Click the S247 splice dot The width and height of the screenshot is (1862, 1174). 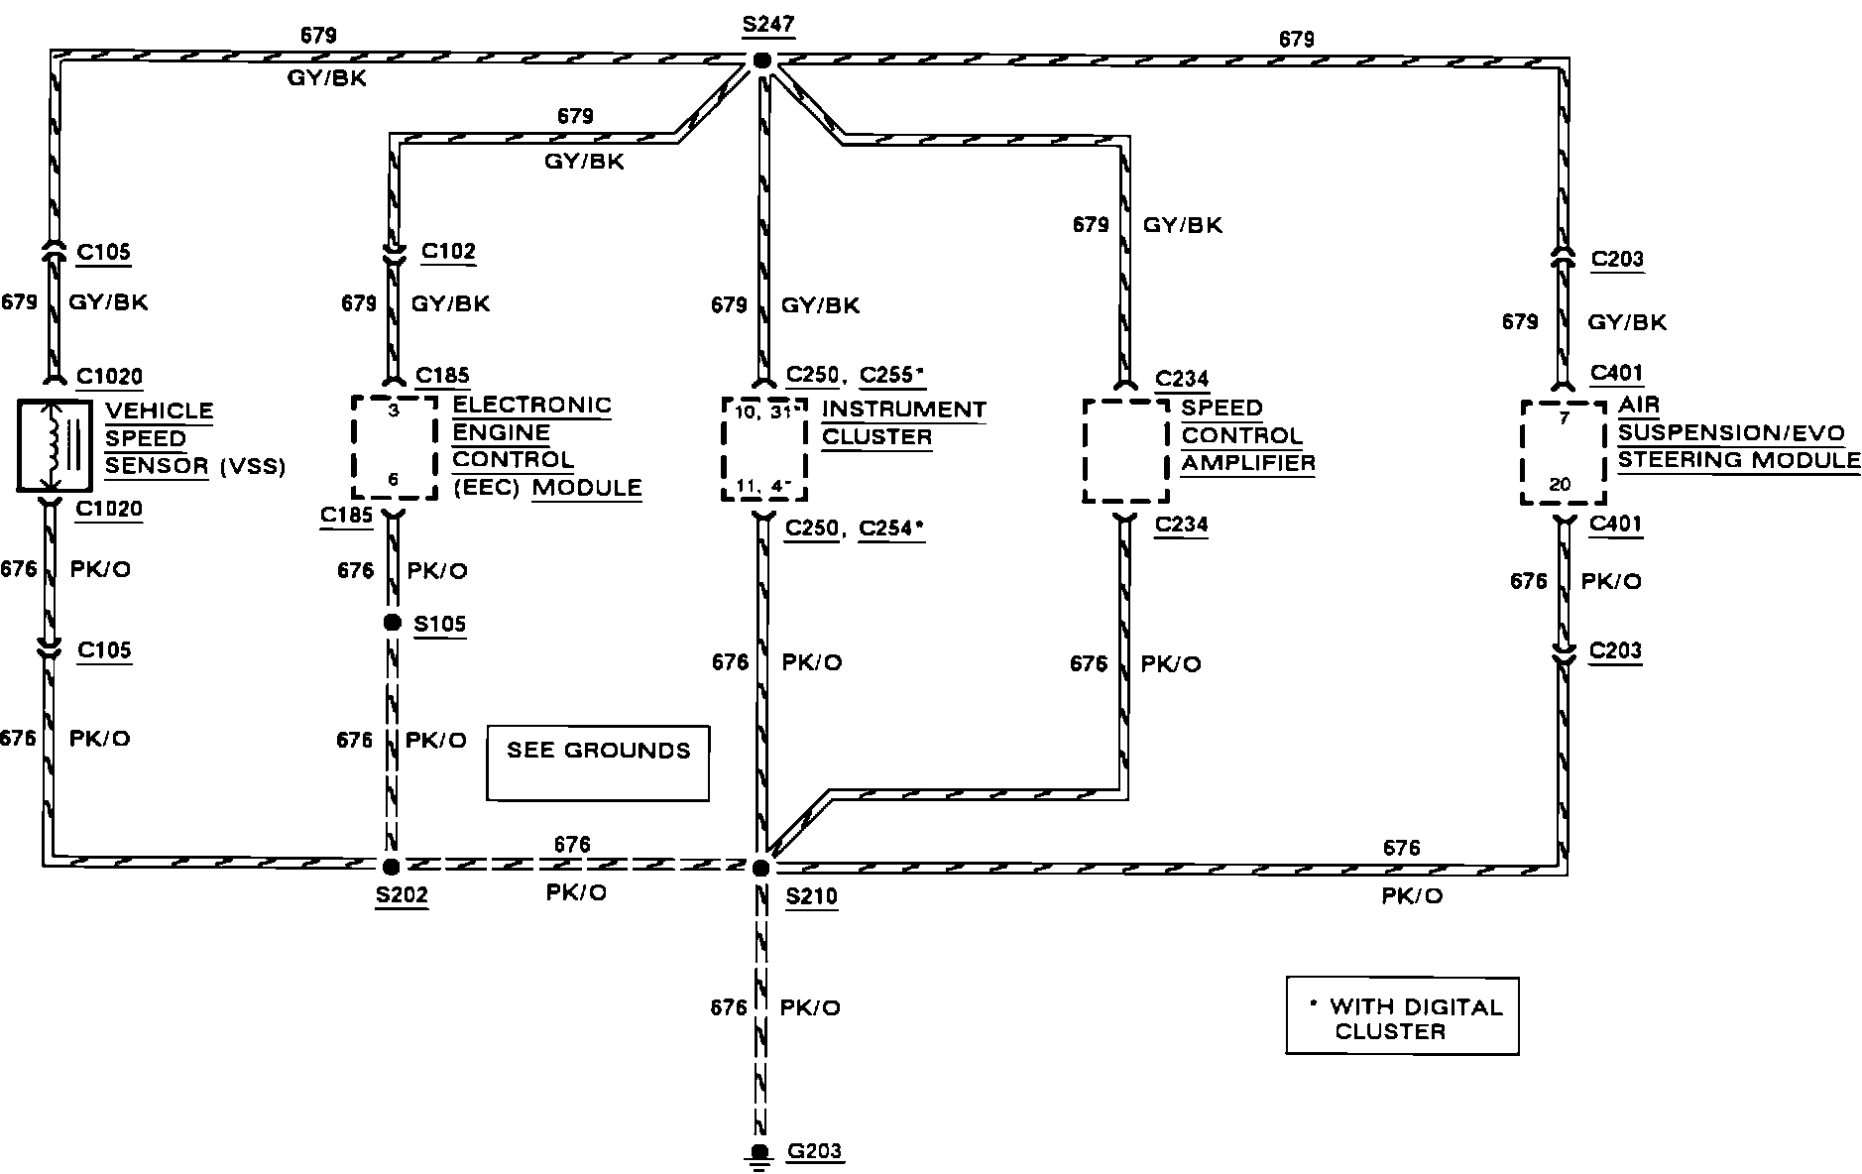pos(761,60)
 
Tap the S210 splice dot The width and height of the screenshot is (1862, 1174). pos(760,868)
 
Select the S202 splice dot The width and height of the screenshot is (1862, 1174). pos(391,866)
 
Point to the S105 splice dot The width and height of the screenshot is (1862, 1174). pos(393,623)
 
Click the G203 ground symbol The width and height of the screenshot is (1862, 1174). pos(759,1155)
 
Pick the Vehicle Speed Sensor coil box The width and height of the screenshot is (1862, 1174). pos(56,445)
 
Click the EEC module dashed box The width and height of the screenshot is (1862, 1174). pos(394,446)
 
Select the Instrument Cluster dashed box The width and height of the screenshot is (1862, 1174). pos(762,448)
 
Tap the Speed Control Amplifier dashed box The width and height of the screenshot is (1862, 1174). pos(1125,450)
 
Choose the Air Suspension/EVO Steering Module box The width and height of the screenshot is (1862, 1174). pos(1563,452)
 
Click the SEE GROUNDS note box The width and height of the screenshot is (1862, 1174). pos(598,762)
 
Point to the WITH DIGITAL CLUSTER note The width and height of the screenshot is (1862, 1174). pos(1402,1018)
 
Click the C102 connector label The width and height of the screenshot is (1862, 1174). pos(448,251)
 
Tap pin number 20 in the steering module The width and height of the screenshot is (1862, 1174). pos(1560,485)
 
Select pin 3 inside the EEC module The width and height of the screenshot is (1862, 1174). pos(394,411)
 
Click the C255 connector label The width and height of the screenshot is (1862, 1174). pos(889,375)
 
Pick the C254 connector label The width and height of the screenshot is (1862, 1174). pos(888,528)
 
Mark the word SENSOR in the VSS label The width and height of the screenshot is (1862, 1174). pos(157,465)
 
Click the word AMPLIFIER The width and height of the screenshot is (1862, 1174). pos(1248,462)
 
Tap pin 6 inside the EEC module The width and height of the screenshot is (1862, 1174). pos(394,480)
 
